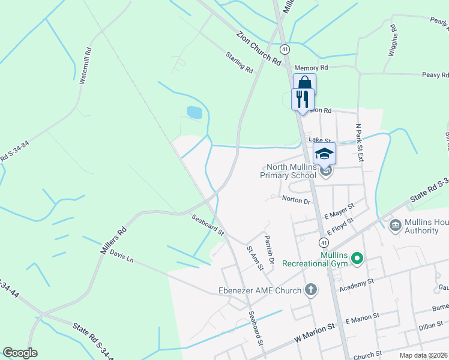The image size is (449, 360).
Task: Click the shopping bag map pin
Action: coord(304,83)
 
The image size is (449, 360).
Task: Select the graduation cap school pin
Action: coord(324,154)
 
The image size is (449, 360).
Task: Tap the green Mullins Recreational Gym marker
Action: coord(357,259)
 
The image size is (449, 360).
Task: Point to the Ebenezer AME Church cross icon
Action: coord(310,290)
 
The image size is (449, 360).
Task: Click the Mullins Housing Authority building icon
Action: coord(396,226)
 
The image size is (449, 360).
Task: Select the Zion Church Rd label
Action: coord(259,49)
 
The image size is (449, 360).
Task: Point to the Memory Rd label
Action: coord(311,68)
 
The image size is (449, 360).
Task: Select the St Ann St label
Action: coord(255,257)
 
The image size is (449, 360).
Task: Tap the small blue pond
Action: coord(194,112)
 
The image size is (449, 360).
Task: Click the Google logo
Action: coord(20,353)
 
